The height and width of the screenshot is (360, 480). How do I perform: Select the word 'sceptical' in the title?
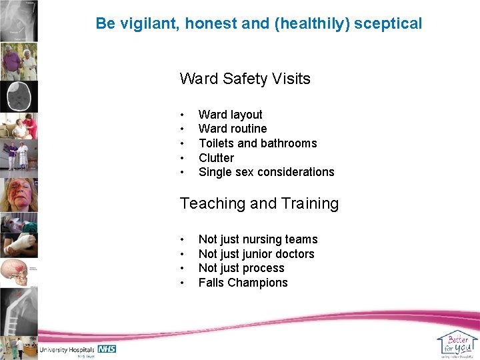click(x=388, y=23)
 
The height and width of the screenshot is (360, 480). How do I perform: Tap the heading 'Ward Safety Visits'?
click(x=245, y=79)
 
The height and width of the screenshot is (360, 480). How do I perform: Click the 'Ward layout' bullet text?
click(x=230, y=115)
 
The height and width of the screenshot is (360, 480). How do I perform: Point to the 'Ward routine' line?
click(x=232, y=129)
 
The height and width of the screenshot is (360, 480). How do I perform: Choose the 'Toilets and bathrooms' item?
click(x=257, y=143)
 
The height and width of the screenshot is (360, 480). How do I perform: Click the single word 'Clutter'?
click(x=216, y=158)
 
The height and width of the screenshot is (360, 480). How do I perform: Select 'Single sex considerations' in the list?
click(x=266, y=172)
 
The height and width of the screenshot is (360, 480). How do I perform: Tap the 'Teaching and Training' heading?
click(x=259, y=203)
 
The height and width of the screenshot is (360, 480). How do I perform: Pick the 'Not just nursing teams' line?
click(x=257, y=239)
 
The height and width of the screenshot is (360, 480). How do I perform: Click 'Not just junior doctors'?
click(x=256, y=254)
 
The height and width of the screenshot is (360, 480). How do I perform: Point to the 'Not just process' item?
click(x=241, y=268)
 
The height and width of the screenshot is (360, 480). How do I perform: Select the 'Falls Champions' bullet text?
click(x=243, y=283)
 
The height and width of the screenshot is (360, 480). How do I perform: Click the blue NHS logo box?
click(x=107, y=349)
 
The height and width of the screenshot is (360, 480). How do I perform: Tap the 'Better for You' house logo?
click(x=457, y=344)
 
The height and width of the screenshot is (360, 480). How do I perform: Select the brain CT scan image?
click(x=18, y=97)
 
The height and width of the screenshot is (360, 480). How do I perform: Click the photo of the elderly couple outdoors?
click(x=18, y=62)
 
